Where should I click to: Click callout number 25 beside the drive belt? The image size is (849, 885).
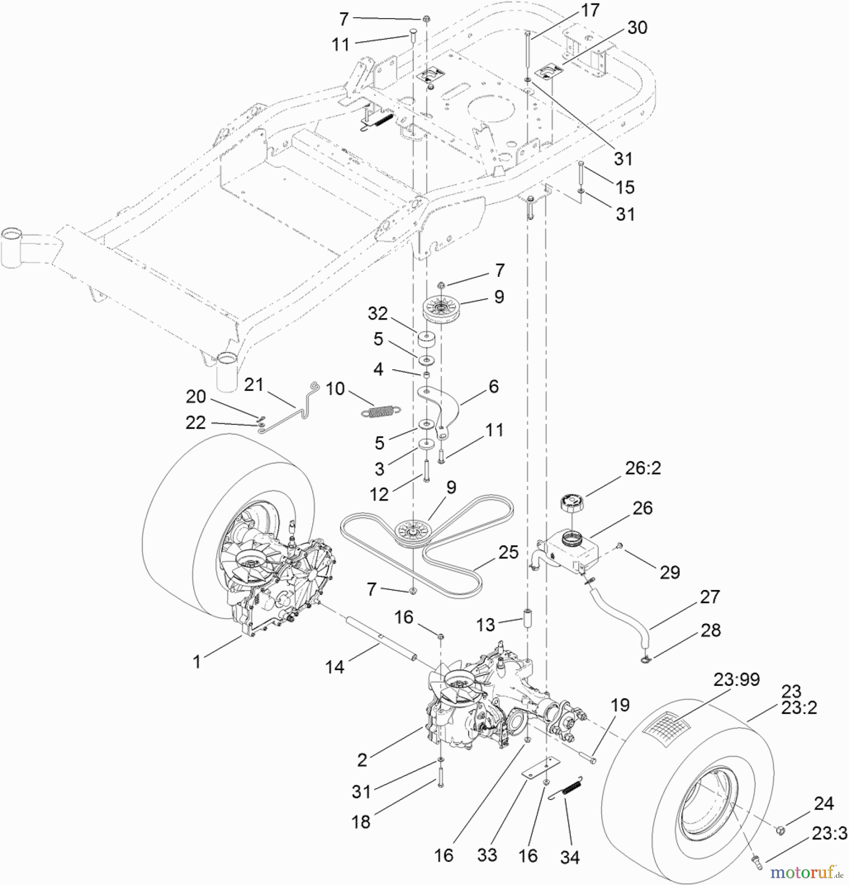click(508, 552)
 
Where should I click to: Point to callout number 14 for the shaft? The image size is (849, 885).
click(335, 667)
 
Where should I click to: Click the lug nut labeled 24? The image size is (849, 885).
click(779, 830)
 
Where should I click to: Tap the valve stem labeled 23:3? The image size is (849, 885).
click(757, 859)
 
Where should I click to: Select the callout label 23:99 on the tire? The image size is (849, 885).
click(736, 679)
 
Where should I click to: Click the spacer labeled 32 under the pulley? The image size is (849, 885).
click(425, 339)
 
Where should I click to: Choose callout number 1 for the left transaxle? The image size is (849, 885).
click(197, 662)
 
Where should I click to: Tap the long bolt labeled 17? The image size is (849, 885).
click(527, 49)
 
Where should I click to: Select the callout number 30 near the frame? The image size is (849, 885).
click(638, 28)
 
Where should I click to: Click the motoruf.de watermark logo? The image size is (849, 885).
click(807, 872)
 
